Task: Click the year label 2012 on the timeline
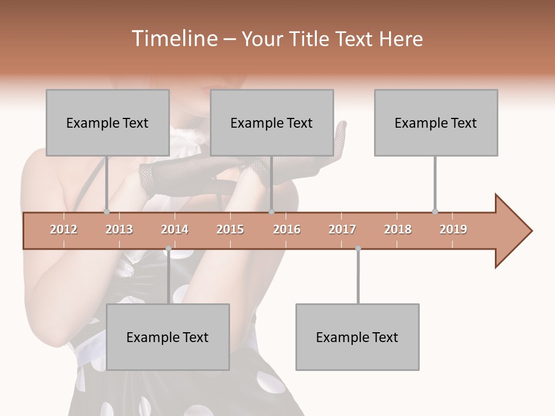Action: (64, 229)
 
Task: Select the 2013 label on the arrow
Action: (119, 229)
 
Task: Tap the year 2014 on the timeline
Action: (175, 229)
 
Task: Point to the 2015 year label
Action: (230, 229)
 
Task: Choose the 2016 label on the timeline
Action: (287, 229)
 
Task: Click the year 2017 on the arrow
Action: (342, 229)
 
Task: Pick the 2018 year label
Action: (398, 229)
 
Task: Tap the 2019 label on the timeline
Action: (453, 229)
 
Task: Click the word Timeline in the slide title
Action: (173, 39)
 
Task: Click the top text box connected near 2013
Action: (108, 122)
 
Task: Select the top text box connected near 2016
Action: (272, 122)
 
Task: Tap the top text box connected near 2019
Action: (436, 122)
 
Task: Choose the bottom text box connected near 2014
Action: (168, 337)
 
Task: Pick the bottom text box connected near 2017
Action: (357, 337)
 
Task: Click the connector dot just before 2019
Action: (435, 211)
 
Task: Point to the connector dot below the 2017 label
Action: (358, 248)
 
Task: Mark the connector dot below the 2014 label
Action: (168, 248)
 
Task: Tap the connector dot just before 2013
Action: (107, 211)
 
